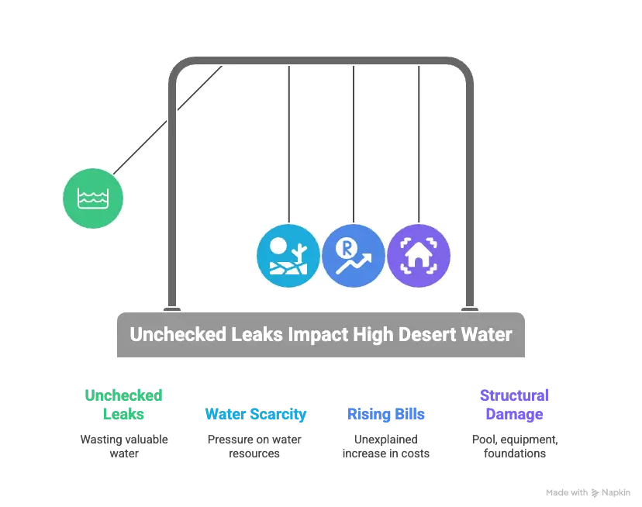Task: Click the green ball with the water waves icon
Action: click(92, 199)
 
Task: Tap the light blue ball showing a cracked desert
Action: click(288, 257)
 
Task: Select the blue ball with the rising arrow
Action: click(353, 257)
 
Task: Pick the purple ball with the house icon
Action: click(419, 257)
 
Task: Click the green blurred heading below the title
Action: click(124, 404)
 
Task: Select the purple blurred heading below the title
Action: click(514, 404)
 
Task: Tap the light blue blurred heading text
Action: click(256, 414)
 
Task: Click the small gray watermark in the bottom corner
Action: click(587, 491)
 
